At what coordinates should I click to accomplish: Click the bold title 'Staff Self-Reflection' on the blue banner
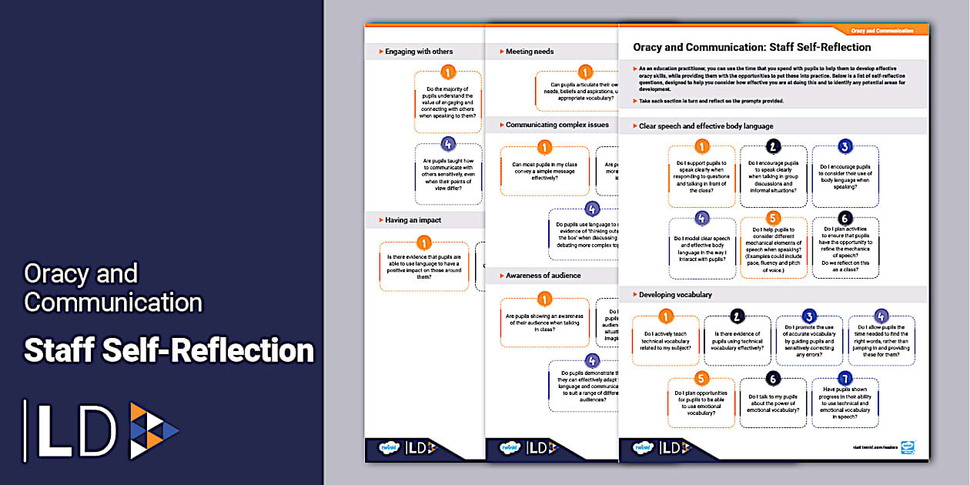coord(169,350)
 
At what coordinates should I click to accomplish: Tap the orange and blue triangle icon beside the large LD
coord(153,430)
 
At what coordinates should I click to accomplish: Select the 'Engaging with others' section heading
coord(419,52)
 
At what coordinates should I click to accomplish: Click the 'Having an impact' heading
coord(413,220)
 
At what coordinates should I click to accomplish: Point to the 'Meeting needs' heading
coord(530,52)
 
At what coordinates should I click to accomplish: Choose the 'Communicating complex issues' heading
coord(557,125)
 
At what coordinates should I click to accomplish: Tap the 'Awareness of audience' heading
coord(543,276)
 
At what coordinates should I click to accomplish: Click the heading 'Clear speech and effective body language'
coord(706,126)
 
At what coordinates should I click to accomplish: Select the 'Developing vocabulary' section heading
coord(675,295)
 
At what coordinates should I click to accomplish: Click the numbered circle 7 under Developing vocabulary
coord(845,378)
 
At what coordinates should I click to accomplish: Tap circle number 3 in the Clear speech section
coord(845,146)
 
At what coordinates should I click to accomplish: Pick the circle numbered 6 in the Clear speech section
coord(845,218)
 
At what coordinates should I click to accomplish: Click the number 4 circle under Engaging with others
coord(448,144)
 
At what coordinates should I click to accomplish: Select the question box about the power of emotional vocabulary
coord(773,403)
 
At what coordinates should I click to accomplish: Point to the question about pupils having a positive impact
coord(423,266)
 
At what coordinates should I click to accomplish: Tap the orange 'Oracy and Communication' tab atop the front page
coord(882,31)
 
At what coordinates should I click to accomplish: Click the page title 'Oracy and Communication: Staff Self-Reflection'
coord(752,48)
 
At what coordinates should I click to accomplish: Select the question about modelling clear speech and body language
coord(701,249)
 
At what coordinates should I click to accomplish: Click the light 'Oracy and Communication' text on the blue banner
coord(112,287)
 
